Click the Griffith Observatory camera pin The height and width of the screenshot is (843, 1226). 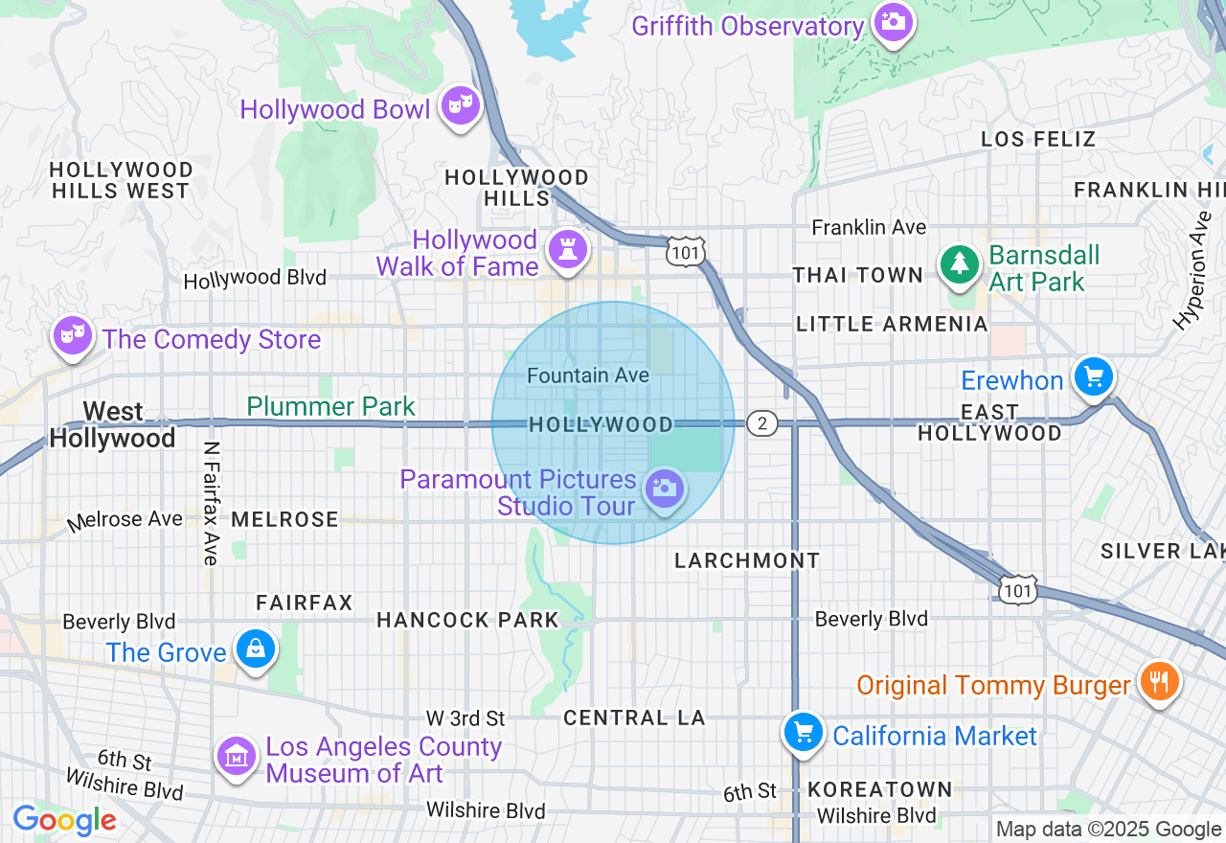click(x=894, y=22)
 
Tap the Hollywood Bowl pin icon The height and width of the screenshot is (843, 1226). click(x=461, y=106)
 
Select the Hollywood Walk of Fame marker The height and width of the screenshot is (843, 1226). click(x=567, y=250)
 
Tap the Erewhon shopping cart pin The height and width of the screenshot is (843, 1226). click(x=1093, y=376)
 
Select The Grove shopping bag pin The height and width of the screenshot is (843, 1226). click(x=256, y=649)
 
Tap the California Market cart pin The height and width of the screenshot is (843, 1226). click(x=803, y=733)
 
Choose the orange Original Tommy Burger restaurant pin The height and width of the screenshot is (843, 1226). click(x=1159, y=682)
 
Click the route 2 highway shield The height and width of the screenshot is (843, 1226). click(x=761, y=423)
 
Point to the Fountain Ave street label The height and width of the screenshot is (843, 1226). click(x=588, y=376)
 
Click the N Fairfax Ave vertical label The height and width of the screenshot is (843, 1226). click(x=211, y=504)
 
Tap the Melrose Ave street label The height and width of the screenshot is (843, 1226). click(x=125, y=520)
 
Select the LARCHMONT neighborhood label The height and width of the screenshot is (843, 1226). click(x=747, y=560)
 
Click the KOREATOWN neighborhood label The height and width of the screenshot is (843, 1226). click(x=880, y=789)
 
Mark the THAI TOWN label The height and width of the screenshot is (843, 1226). click(x=857, y=275)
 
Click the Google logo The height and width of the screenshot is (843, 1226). click(x=64, y=820)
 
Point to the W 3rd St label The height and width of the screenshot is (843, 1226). click(x=465, y=718)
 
